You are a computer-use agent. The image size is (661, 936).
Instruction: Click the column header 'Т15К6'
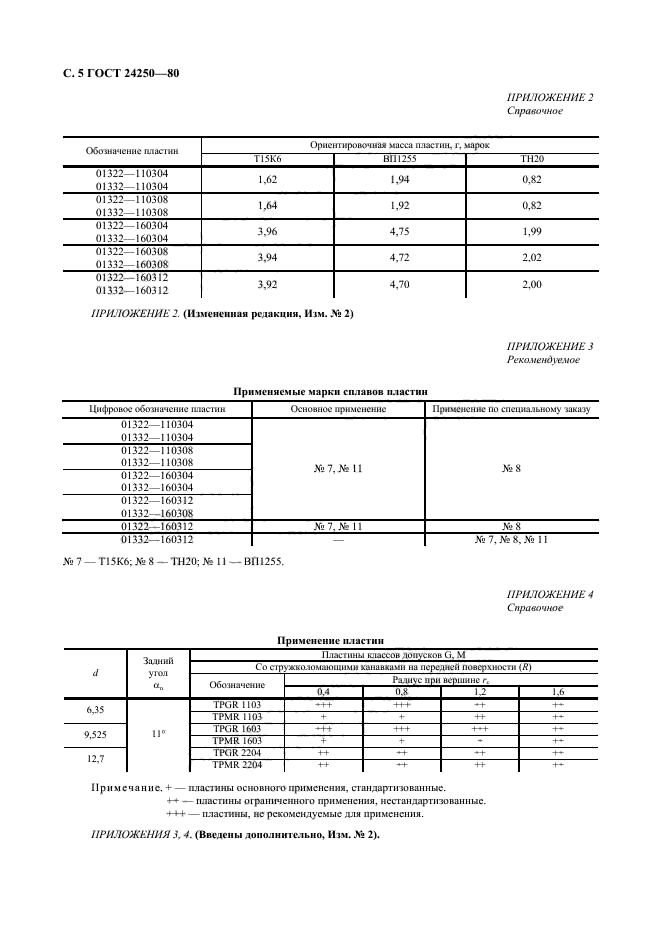coord(267,159)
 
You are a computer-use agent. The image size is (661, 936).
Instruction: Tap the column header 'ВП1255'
coord(399,159)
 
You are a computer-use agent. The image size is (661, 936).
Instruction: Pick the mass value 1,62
coord(267,179)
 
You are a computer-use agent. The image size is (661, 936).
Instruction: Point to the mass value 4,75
coord(399,231)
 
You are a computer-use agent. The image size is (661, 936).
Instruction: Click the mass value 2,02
coord(532,257)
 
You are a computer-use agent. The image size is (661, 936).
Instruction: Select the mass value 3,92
coord(267,283)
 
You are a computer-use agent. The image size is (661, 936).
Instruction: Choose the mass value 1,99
coord(532,231)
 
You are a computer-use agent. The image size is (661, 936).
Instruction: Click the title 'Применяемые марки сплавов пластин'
coord(330,393)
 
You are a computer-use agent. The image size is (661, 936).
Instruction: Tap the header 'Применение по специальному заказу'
coord(510,408)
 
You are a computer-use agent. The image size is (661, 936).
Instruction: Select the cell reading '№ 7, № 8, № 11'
coord(510,539)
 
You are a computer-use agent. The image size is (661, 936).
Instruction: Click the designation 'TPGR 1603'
coord(237,728)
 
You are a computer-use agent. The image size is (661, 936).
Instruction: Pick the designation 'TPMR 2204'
coord(237,764)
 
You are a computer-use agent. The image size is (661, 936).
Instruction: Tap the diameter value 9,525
coord(95,734)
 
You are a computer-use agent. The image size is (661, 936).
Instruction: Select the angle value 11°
coord(156,734)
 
